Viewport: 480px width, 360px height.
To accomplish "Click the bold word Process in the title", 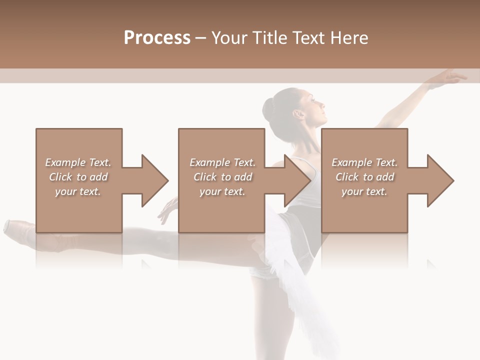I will pyautogui.click(x=157, y=38).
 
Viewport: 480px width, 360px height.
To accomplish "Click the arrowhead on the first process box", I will pyautogui.click(x=154, y=180).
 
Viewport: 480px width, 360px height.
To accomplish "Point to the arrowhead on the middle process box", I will pyautogui.click(x=297, y=180).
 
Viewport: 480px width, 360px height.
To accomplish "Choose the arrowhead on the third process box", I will pyautogui.click(x=440, y=180).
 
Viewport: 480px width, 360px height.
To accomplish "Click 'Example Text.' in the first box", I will pyautogui.click(x=78, y=162).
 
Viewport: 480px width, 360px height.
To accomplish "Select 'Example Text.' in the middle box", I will pyautogui.click(x=222, y=162).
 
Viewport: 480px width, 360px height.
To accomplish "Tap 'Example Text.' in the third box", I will pyautogui.click(x=364, y=162).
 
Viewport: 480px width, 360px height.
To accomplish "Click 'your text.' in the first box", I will pyautogui.click(x=78, y=191).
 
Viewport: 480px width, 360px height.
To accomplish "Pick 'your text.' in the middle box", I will pyautogui.click(x=222, y=191).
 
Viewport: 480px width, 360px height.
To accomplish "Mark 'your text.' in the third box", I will pyautogui.click(x=364, y=191).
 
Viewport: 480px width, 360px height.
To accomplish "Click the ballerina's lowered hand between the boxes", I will pyautogui.click(x=168, y=210).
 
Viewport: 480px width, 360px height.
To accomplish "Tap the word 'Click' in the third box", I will pyautogui.click(x=347, y=177).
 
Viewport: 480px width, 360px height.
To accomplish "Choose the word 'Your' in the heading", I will pyautogui.click(x=228, y=38).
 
